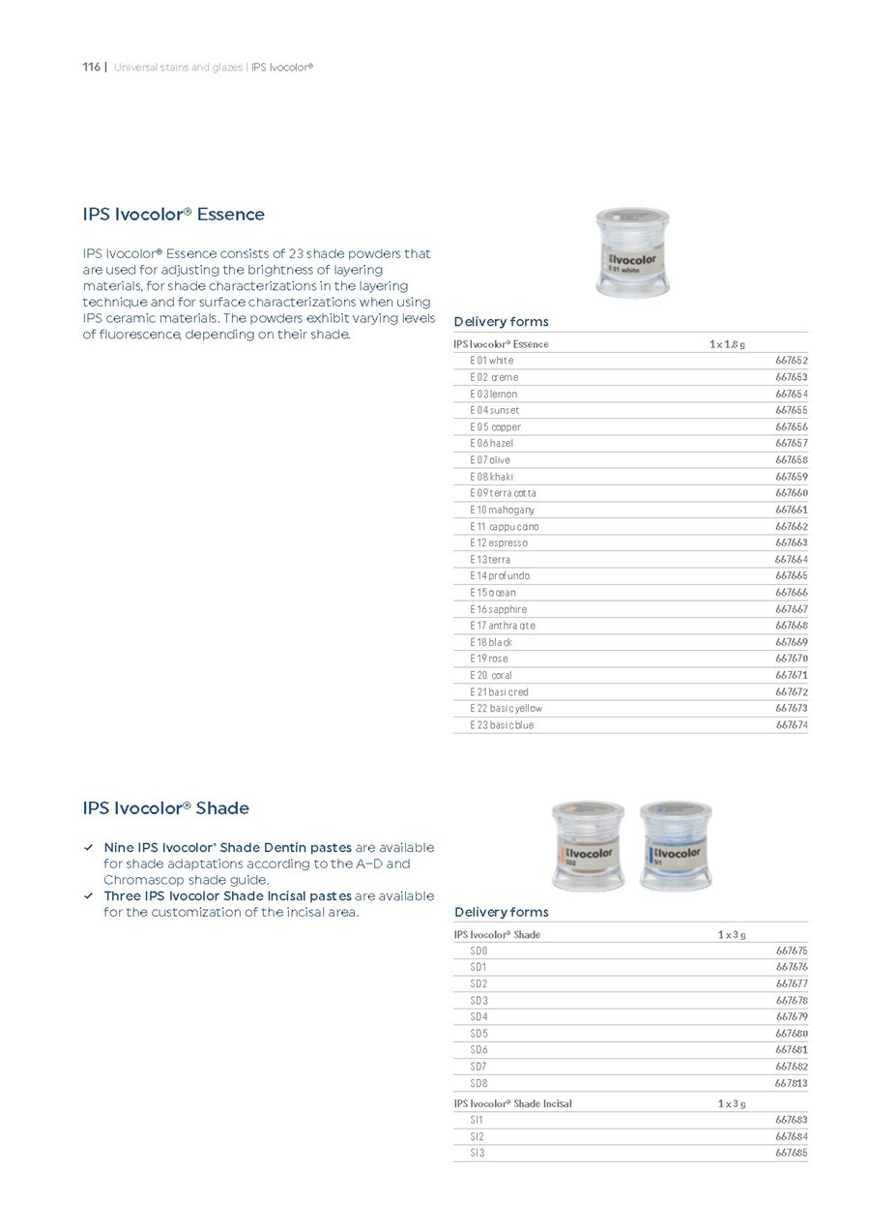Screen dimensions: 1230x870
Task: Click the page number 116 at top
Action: click(91, 67)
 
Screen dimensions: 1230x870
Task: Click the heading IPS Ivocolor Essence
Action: click(173, 214)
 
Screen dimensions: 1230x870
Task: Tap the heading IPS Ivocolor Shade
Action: click(165, 807)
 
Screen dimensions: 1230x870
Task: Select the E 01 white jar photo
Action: click(633, 251)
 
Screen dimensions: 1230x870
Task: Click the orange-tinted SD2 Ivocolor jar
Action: click(588, 845)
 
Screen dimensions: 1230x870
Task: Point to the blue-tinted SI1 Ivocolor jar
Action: click(676, 845)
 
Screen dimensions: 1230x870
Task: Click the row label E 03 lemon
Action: click(493, 394)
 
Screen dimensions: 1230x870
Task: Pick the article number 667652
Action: click(791, 361)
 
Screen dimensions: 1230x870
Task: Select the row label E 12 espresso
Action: click(499, 542)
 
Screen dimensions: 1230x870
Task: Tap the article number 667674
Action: click(791, 724)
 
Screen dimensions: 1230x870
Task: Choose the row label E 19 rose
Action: click(488, 659)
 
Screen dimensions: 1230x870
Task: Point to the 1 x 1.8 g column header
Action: click(727, 344)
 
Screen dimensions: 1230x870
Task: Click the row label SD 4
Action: click(478, 1016)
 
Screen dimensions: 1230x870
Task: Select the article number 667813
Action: click(791, 1083)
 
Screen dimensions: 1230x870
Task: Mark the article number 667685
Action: click(791, 1153)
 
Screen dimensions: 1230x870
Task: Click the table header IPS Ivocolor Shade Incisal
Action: click(512, 1103)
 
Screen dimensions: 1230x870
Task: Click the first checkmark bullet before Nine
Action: click(89, 848)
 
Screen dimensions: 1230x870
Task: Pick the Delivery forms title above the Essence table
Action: click(501, 321)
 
